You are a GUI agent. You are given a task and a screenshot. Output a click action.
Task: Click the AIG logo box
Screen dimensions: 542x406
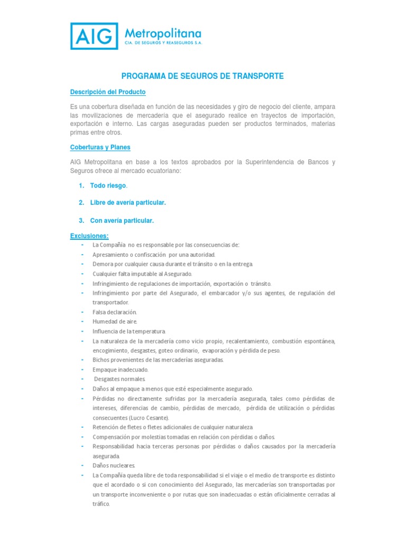coord(94,37)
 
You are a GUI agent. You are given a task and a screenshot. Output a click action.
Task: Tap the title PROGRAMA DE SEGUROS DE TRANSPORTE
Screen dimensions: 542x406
coord(203,76)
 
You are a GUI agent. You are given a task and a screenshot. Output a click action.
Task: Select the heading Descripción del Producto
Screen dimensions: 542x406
coord(107,92)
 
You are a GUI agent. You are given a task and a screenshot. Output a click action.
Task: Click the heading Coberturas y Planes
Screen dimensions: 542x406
coord(100,147)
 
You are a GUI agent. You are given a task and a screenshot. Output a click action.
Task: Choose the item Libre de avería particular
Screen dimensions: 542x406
coord(127,203)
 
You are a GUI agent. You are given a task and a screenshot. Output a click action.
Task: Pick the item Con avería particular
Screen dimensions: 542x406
coord(122,220)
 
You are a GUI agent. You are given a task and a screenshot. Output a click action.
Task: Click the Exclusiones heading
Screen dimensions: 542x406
coord(89,236)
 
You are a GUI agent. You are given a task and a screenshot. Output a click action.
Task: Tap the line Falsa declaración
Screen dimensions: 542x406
coord(115,312)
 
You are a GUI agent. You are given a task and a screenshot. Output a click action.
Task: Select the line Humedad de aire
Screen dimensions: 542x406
coord(115,321)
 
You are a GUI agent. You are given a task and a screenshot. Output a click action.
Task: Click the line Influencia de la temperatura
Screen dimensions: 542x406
coord(129,331)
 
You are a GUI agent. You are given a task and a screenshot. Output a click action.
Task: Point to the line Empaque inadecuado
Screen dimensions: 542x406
coord(121,369)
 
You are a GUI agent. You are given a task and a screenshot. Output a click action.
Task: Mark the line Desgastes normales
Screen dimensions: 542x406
coord(119,379)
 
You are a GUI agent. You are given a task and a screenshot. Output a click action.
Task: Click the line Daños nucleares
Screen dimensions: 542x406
coord(114,465)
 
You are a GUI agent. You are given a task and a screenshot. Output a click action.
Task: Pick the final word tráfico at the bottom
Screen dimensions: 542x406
coord(101,504)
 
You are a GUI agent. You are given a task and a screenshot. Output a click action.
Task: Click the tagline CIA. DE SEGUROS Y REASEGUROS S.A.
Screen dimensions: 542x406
coord(163,42)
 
